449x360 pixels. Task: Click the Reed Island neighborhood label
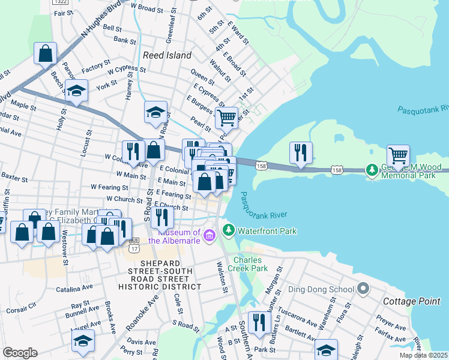(x=167, y=55)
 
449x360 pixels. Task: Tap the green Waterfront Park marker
(x=228, y=230)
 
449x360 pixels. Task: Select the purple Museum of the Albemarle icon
(x=209, y=235)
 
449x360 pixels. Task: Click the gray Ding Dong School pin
(x=362, y=289)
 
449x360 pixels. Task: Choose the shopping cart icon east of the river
(x=398, y=155)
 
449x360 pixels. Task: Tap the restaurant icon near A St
(x=259, y=322)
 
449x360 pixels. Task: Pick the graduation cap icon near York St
(x=77, y=91)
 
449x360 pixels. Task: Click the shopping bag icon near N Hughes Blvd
(x=46, y=53)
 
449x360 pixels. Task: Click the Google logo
(x=20, y=352)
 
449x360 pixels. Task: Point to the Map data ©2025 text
(x=423, y=355)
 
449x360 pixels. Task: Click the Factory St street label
(x=96, y=67)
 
